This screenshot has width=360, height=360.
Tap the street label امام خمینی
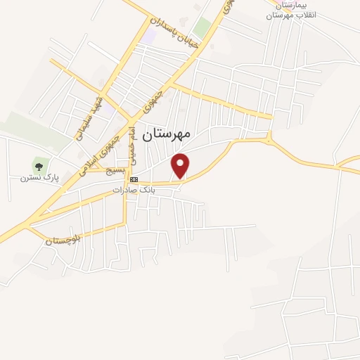[x=132, y=143]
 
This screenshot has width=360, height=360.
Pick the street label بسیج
[x=115, y=170]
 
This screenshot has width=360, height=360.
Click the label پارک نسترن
[x=39, y=179]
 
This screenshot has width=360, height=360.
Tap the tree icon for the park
[x=39, y=167]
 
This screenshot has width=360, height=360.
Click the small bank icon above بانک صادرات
[x=134, y=180]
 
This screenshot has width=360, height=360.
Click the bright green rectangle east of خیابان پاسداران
[x=202, y=28]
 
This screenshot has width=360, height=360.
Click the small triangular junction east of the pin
[x=270, y=138]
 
